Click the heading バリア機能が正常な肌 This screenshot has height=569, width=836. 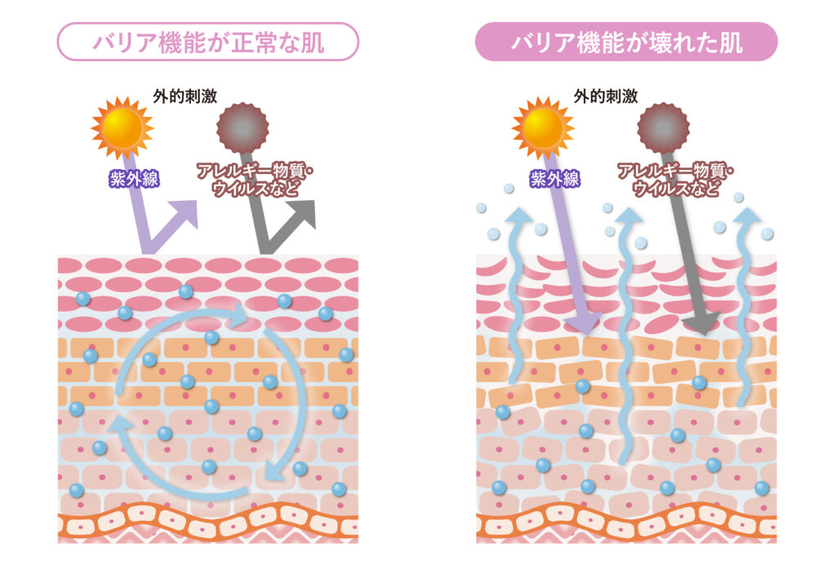207,42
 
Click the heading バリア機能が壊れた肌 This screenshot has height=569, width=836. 626,42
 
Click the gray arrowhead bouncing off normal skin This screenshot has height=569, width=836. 302,211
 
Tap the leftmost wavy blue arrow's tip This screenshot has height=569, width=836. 516,216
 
